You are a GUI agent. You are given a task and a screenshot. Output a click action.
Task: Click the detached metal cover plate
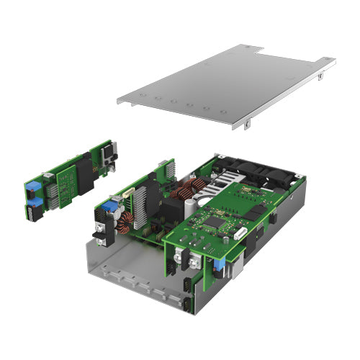(x=223, y=86)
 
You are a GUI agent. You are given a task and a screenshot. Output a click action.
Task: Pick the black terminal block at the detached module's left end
(x=33, y=211)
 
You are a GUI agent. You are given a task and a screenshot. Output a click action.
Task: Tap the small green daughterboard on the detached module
(x=69, y=184)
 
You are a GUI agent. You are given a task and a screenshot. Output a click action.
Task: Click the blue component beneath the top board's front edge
(x=220, y=266)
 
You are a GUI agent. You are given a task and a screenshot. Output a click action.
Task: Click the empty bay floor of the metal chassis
(x=133, y=274)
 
